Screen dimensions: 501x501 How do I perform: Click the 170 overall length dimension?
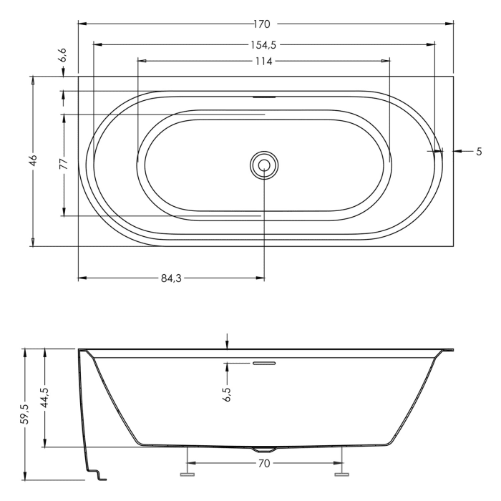[x=265, y=24]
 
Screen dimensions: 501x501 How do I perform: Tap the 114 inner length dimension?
[x=263, y=61]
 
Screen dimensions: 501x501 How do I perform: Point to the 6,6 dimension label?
[x=62, y=54]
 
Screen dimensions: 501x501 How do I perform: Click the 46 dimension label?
[x=33, y=160]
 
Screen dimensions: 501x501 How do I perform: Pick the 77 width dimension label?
[x=64, y=163]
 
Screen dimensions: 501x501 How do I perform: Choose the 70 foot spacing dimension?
[x=263, y=463]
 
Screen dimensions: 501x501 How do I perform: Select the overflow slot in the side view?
[x=263, y=363]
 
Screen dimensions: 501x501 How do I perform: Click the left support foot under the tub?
[x=188, y=473]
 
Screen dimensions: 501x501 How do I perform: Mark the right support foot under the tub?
[x=342, y=473]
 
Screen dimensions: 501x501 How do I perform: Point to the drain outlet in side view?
[x=257, y=450]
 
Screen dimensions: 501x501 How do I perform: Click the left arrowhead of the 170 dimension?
[x=81, y=24]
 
